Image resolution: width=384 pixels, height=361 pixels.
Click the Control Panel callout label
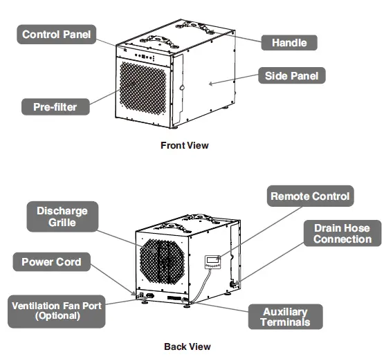56,34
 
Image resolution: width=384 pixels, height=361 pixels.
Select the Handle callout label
289,42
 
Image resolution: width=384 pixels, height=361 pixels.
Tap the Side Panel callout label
291,75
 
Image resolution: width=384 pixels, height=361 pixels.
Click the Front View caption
184,145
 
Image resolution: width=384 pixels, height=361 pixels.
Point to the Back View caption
187,346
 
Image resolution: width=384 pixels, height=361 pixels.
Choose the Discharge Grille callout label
62,216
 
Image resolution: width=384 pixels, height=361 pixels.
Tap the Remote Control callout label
310,196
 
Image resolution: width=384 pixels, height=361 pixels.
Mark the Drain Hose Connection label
342,233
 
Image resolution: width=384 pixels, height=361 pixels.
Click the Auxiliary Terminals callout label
286,316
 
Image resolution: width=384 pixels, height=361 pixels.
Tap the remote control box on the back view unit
213,261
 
